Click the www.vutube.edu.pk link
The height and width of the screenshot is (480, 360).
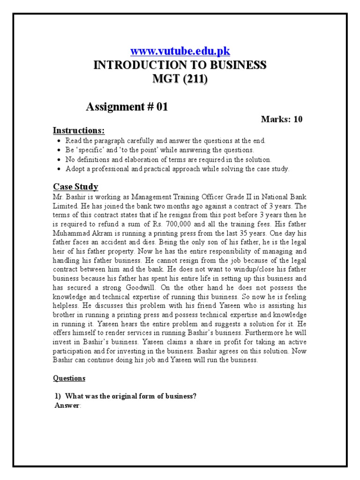coord(180,51)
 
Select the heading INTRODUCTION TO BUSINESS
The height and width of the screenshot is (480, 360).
coord(180,65)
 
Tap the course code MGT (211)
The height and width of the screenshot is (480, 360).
coord(180,79)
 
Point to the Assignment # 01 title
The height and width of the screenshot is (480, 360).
coord(127,107)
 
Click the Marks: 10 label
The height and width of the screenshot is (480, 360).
coord(281,119)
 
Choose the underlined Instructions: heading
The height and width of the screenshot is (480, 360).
coord(79,130)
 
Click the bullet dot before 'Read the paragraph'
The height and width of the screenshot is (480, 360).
coord(58,141)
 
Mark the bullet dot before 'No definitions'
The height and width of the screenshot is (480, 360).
coord(58,159)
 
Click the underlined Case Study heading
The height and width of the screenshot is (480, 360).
coord(75,187)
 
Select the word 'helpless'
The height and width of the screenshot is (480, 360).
coord(67,306)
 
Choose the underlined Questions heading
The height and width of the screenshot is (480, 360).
coord(69,378)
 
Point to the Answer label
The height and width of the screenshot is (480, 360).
coord(68,405)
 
